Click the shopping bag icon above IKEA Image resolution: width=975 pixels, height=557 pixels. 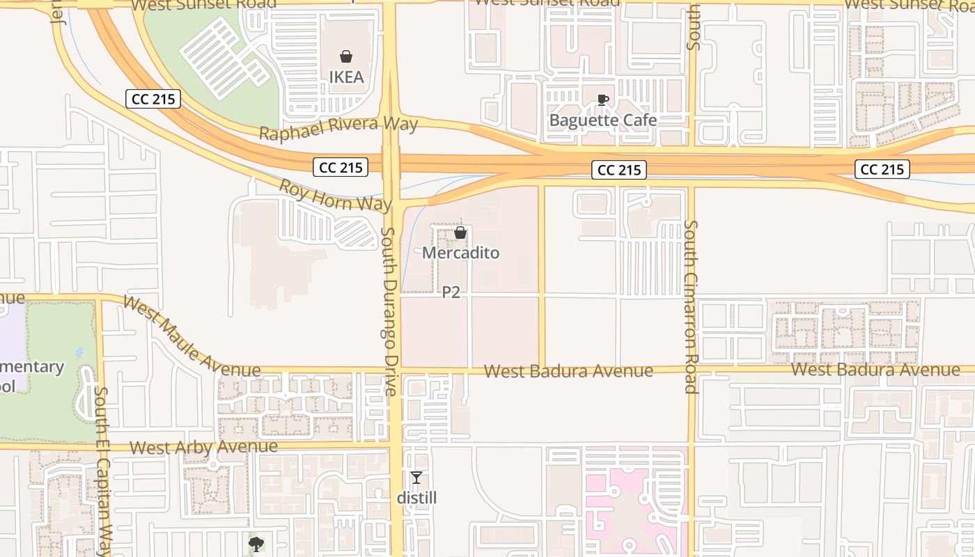pyautogui.click(x=346, y=56)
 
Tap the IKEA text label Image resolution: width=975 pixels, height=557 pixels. pyautogui.click(x=346, y=77)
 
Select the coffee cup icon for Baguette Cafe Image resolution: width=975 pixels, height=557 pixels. pyautogui.click(x=603, y=100)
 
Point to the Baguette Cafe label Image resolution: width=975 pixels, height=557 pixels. pyautogui.click(x=603, y=120)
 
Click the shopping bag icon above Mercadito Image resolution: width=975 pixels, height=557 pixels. pyautogui.click(x=460, y=233)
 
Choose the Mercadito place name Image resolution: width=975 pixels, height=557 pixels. pyautogui.click(x=460, y=253)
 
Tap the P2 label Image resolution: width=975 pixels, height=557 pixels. pyautogui.click(x=451, y=292)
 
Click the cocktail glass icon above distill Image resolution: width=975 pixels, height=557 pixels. pyautogui.click(x=416, y=478)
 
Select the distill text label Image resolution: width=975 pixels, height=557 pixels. pyautogui.click(x=416, y=498)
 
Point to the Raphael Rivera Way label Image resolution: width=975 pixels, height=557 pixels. pyautogui.click(x=338, y=128)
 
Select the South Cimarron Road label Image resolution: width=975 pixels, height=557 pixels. pyautogui.click(x=691, y=306)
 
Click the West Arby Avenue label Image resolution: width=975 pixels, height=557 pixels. pyautogui.click(x=203, y=447)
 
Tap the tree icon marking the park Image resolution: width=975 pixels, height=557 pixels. pyautogui.click(x=256, y=544)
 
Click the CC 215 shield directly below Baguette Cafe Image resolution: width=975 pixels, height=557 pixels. pyautogui.click(x=619, y=170)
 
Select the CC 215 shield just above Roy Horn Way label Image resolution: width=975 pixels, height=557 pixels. pyautogui.click(x=341, y=167)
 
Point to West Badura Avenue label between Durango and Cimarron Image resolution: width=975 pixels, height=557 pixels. pyautogui.click(x=568, y=371)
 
